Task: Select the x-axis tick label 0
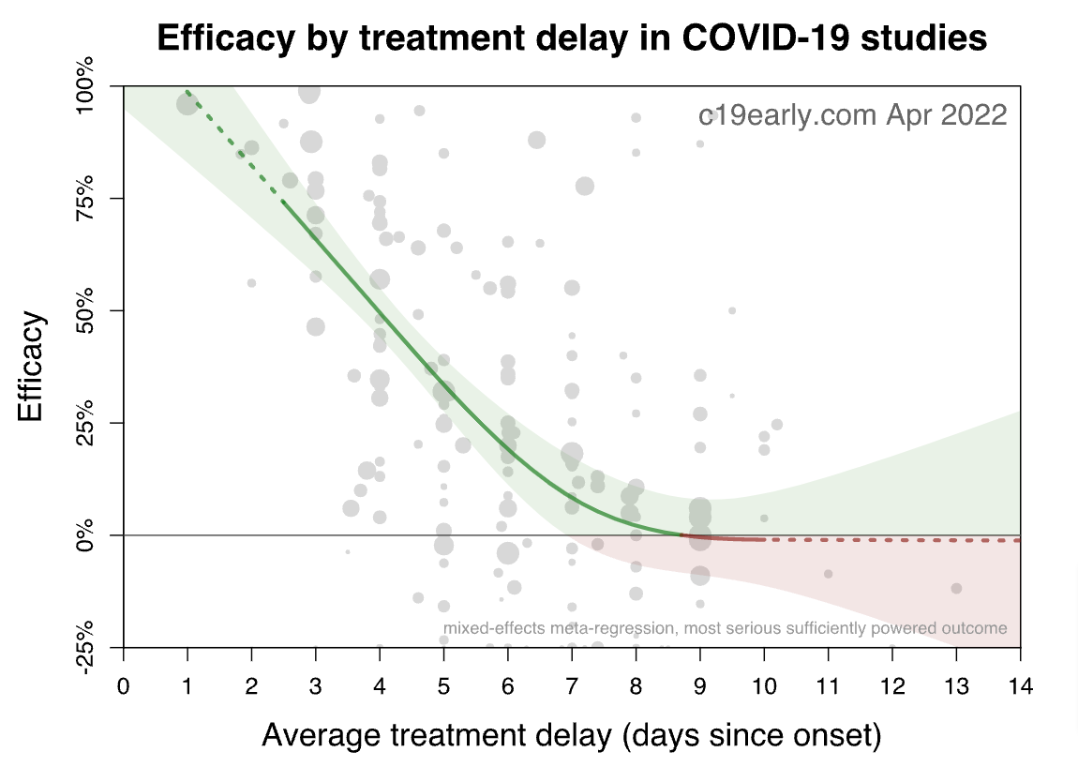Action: (x=123, y=686)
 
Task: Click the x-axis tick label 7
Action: (x=572, y=686)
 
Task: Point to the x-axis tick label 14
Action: (x=1020, y=686)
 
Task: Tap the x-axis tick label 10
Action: (x=764, y=686)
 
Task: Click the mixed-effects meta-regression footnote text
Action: (x=725, y=628)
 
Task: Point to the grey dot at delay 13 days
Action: (x=956, y=588)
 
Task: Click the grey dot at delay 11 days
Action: (x=828, y=574)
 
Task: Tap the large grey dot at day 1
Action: (x=187, y=103)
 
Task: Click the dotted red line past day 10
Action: (x=891, y=540)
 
